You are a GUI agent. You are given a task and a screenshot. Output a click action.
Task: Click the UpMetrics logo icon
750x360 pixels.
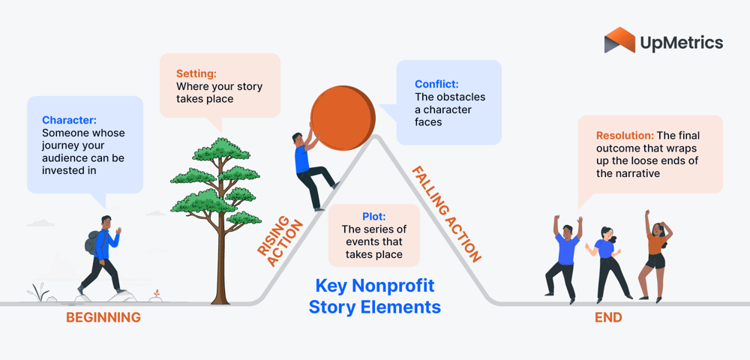[619, 40]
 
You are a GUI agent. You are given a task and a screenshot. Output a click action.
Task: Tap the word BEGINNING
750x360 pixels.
[103, 317]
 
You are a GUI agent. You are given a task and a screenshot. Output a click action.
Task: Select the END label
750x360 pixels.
[608, 317]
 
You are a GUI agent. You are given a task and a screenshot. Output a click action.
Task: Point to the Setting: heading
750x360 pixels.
[196, 73]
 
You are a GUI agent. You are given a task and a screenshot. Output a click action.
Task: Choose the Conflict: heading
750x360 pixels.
[436, 84]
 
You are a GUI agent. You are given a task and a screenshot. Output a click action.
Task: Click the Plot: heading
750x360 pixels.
[373, 217]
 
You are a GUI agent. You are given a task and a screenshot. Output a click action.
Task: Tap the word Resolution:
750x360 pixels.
[624, 136]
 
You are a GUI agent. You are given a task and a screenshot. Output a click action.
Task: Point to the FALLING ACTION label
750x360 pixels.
[446, 214]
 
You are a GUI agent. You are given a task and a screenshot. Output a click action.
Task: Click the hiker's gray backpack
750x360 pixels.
[92, 243]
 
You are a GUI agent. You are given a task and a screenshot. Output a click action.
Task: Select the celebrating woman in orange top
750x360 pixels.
[655, 251]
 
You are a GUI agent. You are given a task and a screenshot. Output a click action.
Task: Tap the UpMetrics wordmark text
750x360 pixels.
[682, 42]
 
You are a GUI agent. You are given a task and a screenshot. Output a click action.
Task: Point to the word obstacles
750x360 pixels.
[460, 97]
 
